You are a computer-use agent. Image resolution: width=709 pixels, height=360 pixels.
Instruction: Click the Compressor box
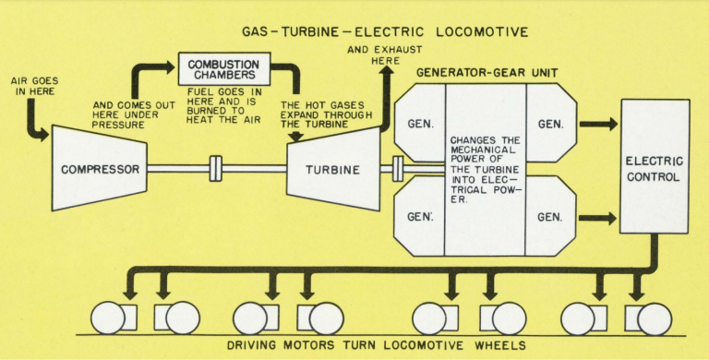coord(100,168)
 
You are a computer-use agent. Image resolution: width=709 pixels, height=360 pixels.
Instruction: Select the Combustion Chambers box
coord(224,68)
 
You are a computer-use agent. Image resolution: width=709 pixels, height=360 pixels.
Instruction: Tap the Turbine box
coord(333,169)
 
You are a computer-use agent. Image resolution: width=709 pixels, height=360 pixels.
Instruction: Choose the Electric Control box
coord(655,166)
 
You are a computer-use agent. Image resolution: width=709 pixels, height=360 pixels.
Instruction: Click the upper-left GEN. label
coord(420,124)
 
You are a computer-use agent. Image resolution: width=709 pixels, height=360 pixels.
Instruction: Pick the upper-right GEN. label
coord(550,124)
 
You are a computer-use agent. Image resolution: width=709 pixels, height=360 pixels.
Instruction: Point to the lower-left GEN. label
coord(420,217)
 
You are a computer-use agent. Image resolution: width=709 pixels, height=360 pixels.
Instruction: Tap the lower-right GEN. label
coord(550,218)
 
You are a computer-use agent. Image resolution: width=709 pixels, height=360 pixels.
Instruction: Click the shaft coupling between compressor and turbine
coord(216,169)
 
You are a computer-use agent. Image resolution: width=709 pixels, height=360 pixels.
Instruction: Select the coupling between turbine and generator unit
coord(398,169)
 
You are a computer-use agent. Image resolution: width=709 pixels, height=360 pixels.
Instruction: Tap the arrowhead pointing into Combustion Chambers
coord(168,67)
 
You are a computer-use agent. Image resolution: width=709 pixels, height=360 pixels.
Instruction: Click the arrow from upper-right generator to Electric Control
coord(598,124)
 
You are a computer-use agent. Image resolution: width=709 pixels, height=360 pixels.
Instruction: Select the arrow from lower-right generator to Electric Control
coord(597,218)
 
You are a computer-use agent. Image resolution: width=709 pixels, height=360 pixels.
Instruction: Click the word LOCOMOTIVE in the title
coord(483,32)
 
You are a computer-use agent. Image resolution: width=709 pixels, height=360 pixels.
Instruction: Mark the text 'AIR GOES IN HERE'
coord(35,86)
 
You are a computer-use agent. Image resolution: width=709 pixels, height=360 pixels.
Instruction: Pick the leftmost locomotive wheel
coord(108,318)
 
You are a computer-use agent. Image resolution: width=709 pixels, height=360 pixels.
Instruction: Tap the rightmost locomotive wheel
coord(655,319)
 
